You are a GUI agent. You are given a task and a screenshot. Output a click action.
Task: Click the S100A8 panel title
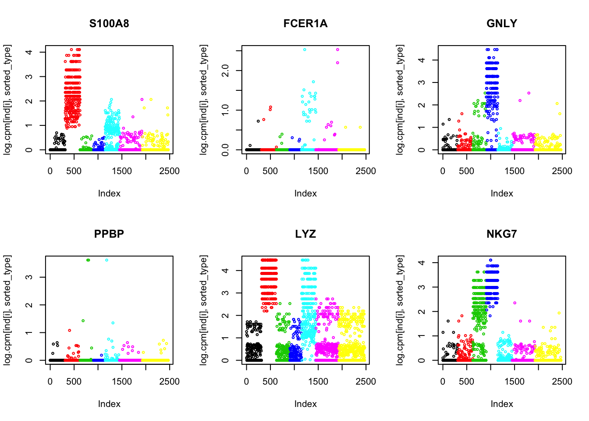[x=109, y=24]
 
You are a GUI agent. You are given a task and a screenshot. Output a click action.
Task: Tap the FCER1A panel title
[x=305, y=24]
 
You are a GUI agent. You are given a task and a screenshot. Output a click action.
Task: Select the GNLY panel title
[x=502, y=24]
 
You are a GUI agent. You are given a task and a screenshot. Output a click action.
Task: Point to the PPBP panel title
[x=109, y=234]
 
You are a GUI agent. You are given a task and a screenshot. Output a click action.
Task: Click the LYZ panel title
[x=305, y=234]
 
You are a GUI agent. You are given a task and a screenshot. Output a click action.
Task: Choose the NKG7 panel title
[x=502, y=234]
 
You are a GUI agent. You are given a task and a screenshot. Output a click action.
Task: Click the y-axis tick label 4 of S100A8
[x=29, y=52]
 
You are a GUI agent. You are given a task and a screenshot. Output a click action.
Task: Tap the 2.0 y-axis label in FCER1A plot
[x=225, y=70]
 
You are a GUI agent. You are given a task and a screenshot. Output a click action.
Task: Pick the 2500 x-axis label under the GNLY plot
[x=562, y=171]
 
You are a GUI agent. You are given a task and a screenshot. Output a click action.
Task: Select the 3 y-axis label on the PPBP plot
[x=29, y=277]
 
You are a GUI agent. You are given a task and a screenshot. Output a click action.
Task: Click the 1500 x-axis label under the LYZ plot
[x=318, y=382]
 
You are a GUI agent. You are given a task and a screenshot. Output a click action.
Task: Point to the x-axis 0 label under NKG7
[x=443, y=382]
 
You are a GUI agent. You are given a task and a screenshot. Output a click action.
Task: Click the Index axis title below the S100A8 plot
[x=109, y=193]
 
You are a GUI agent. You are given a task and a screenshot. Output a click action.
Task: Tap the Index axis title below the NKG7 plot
[x=502, y=404]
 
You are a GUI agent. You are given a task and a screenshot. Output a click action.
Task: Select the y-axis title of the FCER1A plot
[x=204, y=100]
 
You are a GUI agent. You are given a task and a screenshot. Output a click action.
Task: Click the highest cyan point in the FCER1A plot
[x=305, y=50]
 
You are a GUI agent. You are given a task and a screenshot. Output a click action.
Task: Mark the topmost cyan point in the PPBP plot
[x=106, y=260]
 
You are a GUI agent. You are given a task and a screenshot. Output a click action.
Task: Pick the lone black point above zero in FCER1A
[x=258, y=121]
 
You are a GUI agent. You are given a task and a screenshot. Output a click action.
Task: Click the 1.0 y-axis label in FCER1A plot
[x=225, y=110]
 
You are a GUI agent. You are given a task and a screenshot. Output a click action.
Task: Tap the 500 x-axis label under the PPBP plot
[x=74, y=382]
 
